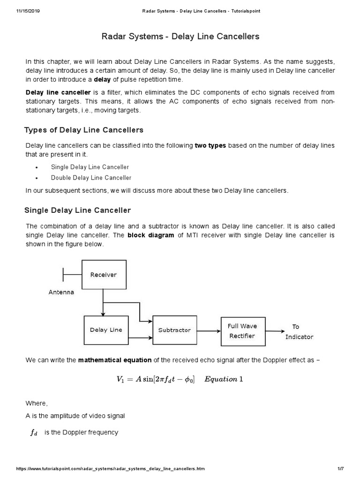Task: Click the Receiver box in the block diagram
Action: click(x=104, y=275)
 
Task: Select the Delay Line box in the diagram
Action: click(x=105, y=330)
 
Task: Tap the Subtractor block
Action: click(x=174, y=330)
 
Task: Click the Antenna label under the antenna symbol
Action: click(x=61, y=292)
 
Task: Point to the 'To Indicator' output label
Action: click(x=299, y=332)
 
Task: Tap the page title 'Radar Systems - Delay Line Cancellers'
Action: click(x=180, y=36)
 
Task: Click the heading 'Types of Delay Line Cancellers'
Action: click(x=83, y=130)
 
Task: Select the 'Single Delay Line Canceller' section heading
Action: click(x=77, y=210)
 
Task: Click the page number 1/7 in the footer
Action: click(x=340, y=469)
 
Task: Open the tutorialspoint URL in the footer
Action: click(x=110, y=469)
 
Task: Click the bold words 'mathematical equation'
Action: click(x=115, y=360)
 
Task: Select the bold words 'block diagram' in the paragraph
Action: click(x=151, y=235)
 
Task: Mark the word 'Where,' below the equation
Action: click(x=37, y=404)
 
